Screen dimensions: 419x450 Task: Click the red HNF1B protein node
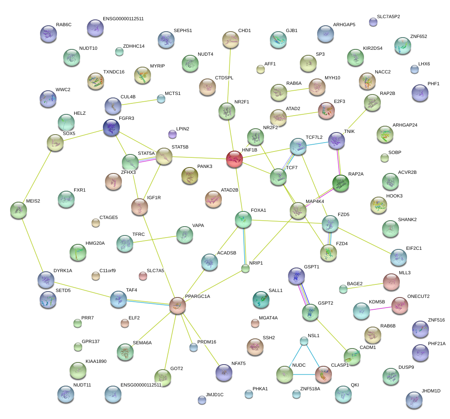click(234, 159)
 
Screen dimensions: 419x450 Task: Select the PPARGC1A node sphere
click(178, 305)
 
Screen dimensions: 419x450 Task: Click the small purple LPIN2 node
click(172, 134)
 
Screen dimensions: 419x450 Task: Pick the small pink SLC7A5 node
click(143, 276)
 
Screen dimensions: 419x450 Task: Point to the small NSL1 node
click(304, 340)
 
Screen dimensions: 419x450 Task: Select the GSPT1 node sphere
click(296, 275)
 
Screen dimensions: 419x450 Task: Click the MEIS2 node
click(18, 210)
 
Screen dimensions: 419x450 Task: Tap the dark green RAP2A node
click(340, 183)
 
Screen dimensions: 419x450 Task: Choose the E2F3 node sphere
click(326, 110)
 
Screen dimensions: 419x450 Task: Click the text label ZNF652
click(418, 36)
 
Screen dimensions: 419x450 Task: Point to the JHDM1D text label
click(431, 391)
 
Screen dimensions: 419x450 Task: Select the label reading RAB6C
click(64, 24)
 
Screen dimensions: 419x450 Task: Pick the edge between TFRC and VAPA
click(154, 239)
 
